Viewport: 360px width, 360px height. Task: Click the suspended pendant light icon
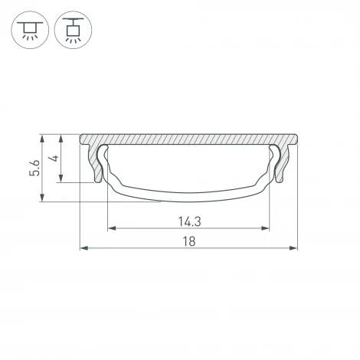(x=72, y=31)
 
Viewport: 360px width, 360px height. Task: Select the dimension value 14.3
(x=189, y=221)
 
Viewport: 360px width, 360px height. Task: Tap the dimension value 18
(x=189, y=241)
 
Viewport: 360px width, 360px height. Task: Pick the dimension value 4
(x=52, y=159)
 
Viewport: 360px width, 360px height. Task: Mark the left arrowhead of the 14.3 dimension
(x=110, y=228)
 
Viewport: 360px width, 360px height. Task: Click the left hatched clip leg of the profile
(x=97, y=165)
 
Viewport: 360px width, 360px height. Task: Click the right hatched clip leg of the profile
(x=280, y=165)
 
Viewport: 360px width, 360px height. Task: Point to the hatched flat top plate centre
(x=188, y=141)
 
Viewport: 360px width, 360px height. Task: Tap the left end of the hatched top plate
(x=83, y=140)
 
